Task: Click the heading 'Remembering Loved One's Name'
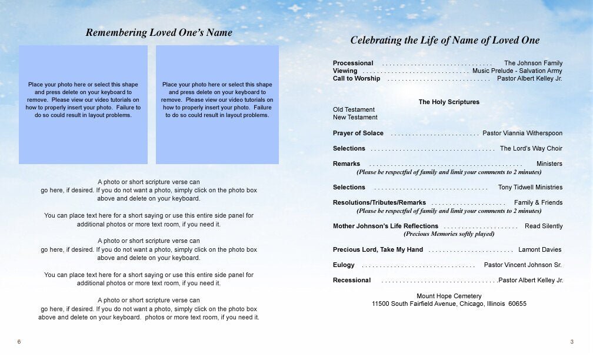pos(159,33)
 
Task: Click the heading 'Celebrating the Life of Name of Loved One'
pos(445,41)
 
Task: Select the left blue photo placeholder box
pos(83,105)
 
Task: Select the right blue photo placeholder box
pos(217,105)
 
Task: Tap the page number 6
pos(19,342)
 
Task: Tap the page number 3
pos(571,342)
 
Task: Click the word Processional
pos(353,63)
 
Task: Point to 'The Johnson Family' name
pos(533,63)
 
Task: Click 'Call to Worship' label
pos(357,78)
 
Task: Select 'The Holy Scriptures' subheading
pos(449,102)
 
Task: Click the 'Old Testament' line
pos(354,109)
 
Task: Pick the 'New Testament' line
pos(355,117)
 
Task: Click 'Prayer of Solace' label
pos(358,133)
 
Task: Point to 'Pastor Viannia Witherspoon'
pos(522,133)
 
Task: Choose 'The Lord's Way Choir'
pos(531,148)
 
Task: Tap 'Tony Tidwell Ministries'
pos(530,187)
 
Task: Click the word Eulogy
pos(344,265)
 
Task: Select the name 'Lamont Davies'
pos(539,249)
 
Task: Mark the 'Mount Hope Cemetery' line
pos(449,296)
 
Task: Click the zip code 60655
pos(517,304)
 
